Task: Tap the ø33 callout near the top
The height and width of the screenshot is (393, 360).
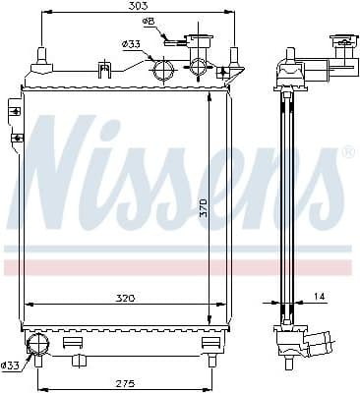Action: [131, 44]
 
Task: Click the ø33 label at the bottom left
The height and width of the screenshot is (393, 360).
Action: [11, 365]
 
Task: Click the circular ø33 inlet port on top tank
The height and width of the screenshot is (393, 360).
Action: [163, 70]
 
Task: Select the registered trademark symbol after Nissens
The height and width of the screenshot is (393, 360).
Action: [347, 153]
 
